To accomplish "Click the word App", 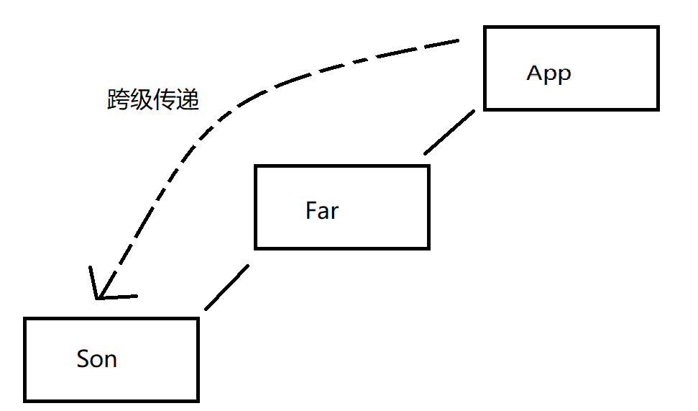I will click(548, 73).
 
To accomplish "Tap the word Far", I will click(321, 211).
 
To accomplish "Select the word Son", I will click(96, 358).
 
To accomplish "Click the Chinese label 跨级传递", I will click(152, 100).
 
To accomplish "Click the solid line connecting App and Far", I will click(449, 132).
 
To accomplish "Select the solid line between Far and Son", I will click(226, 287).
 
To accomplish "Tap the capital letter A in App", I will click(534, 73).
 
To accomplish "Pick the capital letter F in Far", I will click(311, 211).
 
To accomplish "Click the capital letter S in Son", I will click(83, 358).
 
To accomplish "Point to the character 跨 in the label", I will click(118, 100).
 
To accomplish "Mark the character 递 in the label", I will click(187, 100).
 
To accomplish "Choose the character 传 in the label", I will click(164, 100).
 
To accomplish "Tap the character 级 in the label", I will click(141, 100).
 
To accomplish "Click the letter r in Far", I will click(334, 213).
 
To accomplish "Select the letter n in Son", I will click(110, 360).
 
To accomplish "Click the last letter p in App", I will click(564, 76).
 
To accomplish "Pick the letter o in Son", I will click(96, 360).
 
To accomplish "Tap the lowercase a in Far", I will click(323, 213).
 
